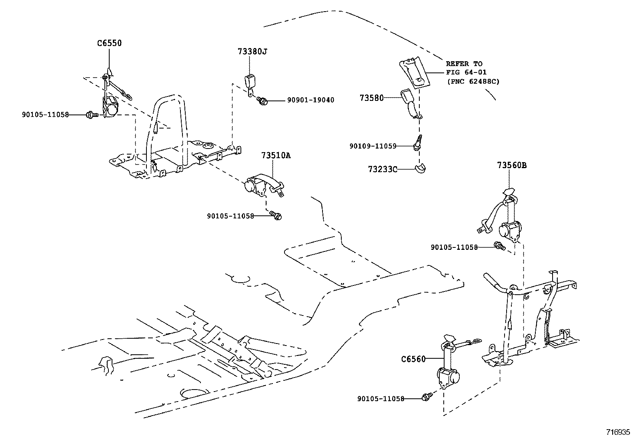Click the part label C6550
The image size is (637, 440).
(x=109, y=43)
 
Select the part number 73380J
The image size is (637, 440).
(x=252, y=52)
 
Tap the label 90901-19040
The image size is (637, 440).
(x=310, y=100)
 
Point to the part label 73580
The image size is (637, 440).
(x=371, y=98)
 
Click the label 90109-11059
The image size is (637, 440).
(x=373, y=146)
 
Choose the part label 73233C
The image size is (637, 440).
(x=383, y=169)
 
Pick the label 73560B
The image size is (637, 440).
(x=512, y=165)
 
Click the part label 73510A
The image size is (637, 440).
(x=276, y=155)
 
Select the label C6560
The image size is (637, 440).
(x=413, y=359)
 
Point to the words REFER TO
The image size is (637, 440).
(x=464, y=64)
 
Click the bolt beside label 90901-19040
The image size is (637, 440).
(x=262, y=100)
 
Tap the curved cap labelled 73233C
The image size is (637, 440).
(x=420, y=169)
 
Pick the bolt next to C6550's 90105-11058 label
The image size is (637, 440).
(x=90, y=115)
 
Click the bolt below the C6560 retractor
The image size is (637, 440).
(x=426, y=397)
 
